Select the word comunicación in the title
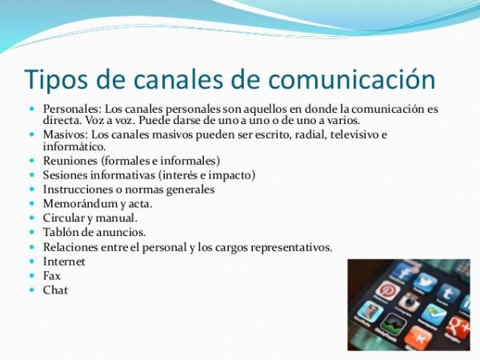click(352, 78)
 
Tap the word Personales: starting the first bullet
click(72, 109)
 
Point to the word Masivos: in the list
click(66, 134)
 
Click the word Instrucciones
click(78, 189)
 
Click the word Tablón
click(61, 232)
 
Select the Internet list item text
click(64, 262)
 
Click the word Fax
click(52, 276)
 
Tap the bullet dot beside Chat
click(32, 290)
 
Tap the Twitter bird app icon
click(426, 282)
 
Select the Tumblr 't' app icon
click(448, 294)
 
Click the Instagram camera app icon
click(409, 302)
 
